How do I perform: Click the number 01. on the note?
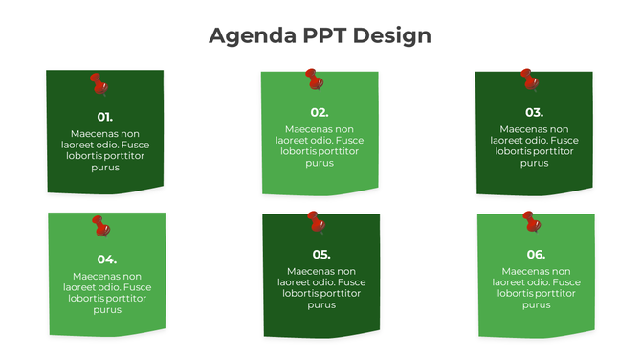(x=105, y=117)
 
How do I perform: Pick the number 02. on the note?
(x=320, y=112)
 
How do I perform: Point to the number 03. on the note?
(x=534, y=112)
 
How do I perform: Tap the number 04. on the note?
(x=107, y=259)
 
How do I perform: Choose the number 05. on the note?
(x=321, y=254)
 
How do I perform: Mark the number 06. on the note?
(x=536, y=254)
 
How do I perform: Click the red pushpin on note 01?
(x=98, y=84)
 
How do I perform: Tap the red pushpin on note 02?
(x=312, y=79)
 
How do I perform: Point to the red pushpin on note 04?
(x=100, y=226)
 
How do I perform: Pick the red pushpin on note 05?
(x=316, y=221)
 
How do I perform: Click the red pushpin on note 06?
(x=531, y=222)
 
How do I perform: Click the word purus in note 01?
(x=105, y=168)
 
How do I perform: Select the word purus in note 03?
(x=534, y=163)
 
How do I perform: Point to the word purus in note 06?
(x=536, y=304)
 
